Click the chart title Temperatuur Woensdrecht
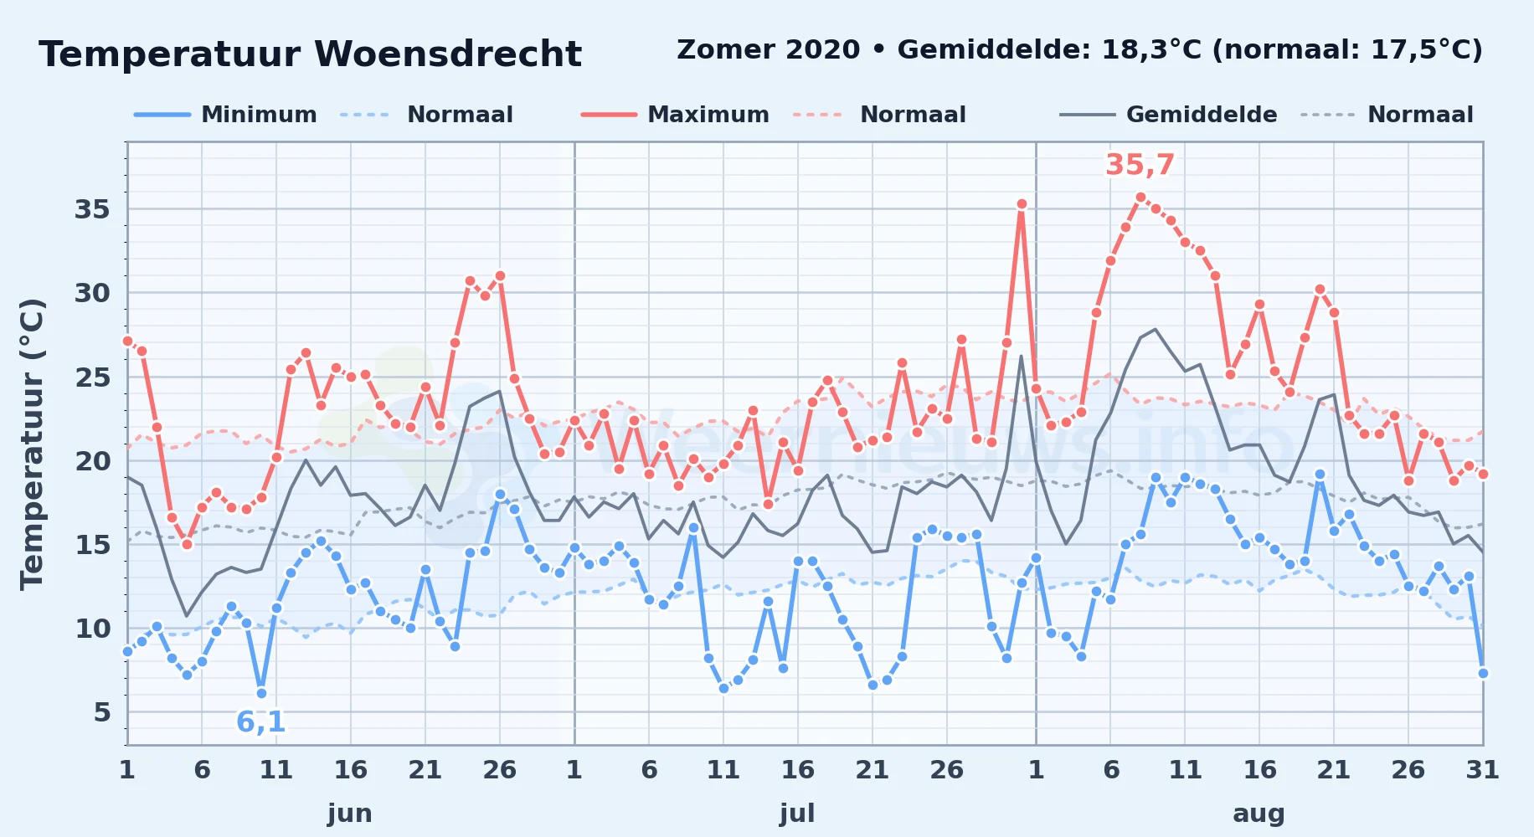[310, 54]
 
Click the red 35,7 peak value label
[1140, 165]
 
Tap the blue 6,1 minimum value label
[261, 721]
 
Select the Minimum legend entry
[225, 115]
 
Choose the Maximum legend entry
[675, 115]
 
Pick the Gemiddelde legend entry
[1168, 115]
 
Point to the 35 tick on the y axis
[92, 209]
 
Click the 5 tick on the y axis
[102, 712]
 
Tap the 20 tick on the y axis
[92, 461]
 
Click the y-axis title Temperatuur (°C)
[32, 444]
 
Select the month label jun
[350, 814]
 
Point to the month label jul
[797, 814]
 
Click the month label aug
[1259, 814]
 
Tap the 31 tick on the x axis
[1482, 770]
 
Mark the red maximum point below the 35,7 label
[1140, 198]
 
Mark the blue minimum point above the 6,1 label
[261, 693]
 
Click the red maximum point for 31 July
[1022, 204]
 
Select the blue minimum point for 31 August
[1483, 673]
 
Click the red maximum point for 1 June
[127, 341]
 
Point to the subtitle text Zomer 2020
[769, 50]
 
